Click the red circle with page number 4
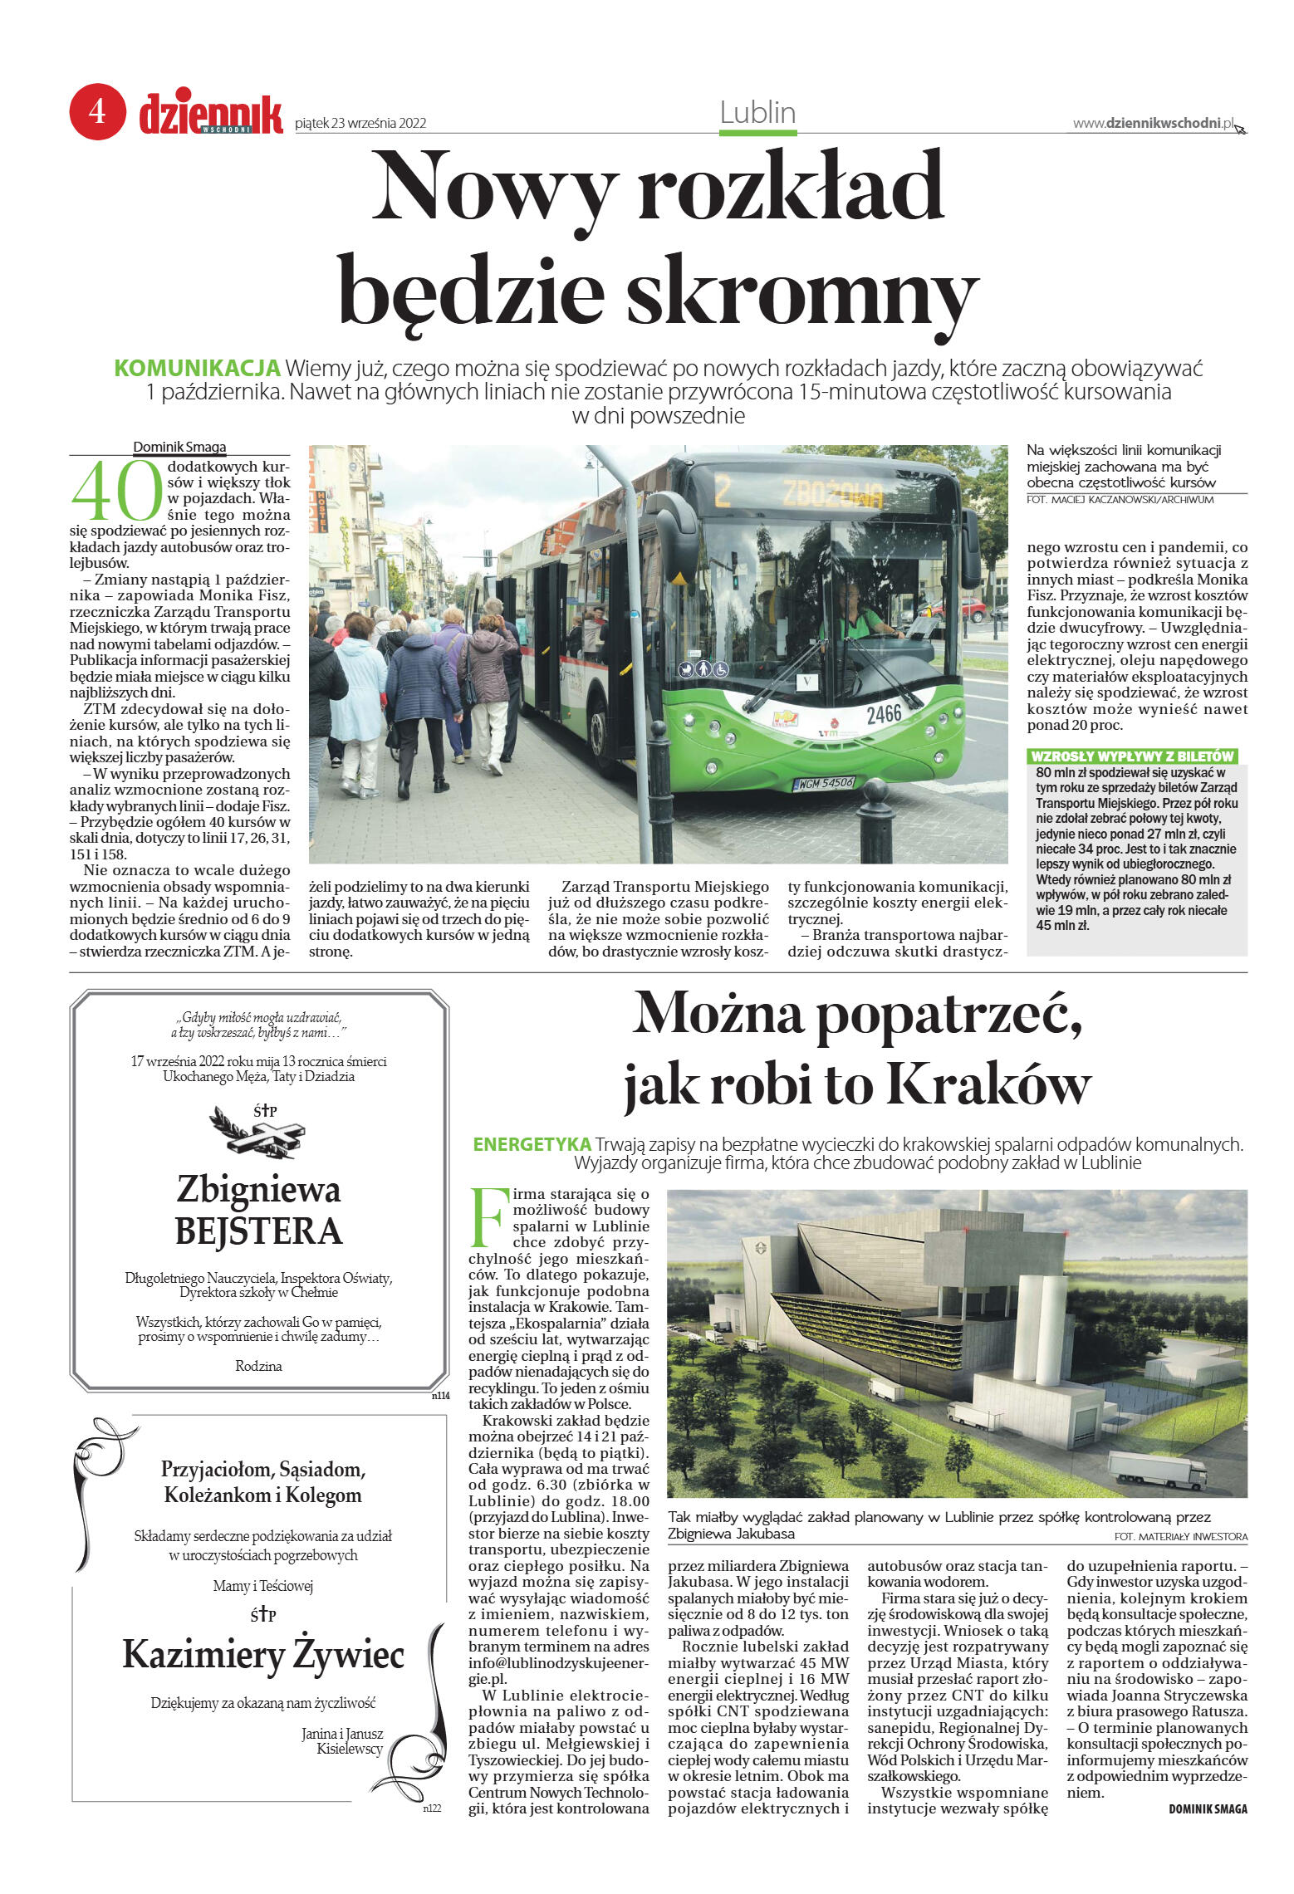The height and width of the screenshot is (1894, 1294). [97, 110]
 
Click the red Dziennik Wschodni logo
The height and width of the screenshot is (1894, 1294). [210, 115]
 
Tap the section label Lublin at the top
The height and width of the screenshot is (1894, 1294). [757, 112]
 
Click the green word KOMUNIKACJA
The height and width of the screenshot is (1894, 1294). [197, 368]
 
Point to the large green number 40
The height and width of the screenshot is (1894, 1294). [116, 492]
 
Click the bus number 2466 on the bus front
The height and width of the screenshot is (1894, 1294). [884, 714]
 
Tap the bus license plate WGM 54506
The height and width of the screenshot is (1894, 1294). [824, 783]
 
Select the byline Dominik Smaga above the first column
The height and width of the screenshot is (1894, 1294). [179, 447]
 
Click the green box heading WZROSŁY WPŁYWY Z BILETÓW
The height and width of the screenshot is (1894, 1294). [1131, 756]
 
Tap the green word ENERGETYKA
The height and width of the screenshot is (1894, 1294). [532, 1144]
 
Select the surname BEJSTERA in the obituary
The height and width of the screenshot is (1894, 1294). [259, 1231]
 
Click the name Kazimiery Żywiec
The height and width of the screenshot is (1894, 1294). [263, 1654]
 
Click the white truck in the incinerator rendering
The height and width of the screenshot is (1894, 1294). [1156, 1471]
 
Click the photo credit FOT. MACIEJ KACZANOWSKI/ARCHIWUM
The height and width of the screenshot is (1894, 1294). [1120, 500]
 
